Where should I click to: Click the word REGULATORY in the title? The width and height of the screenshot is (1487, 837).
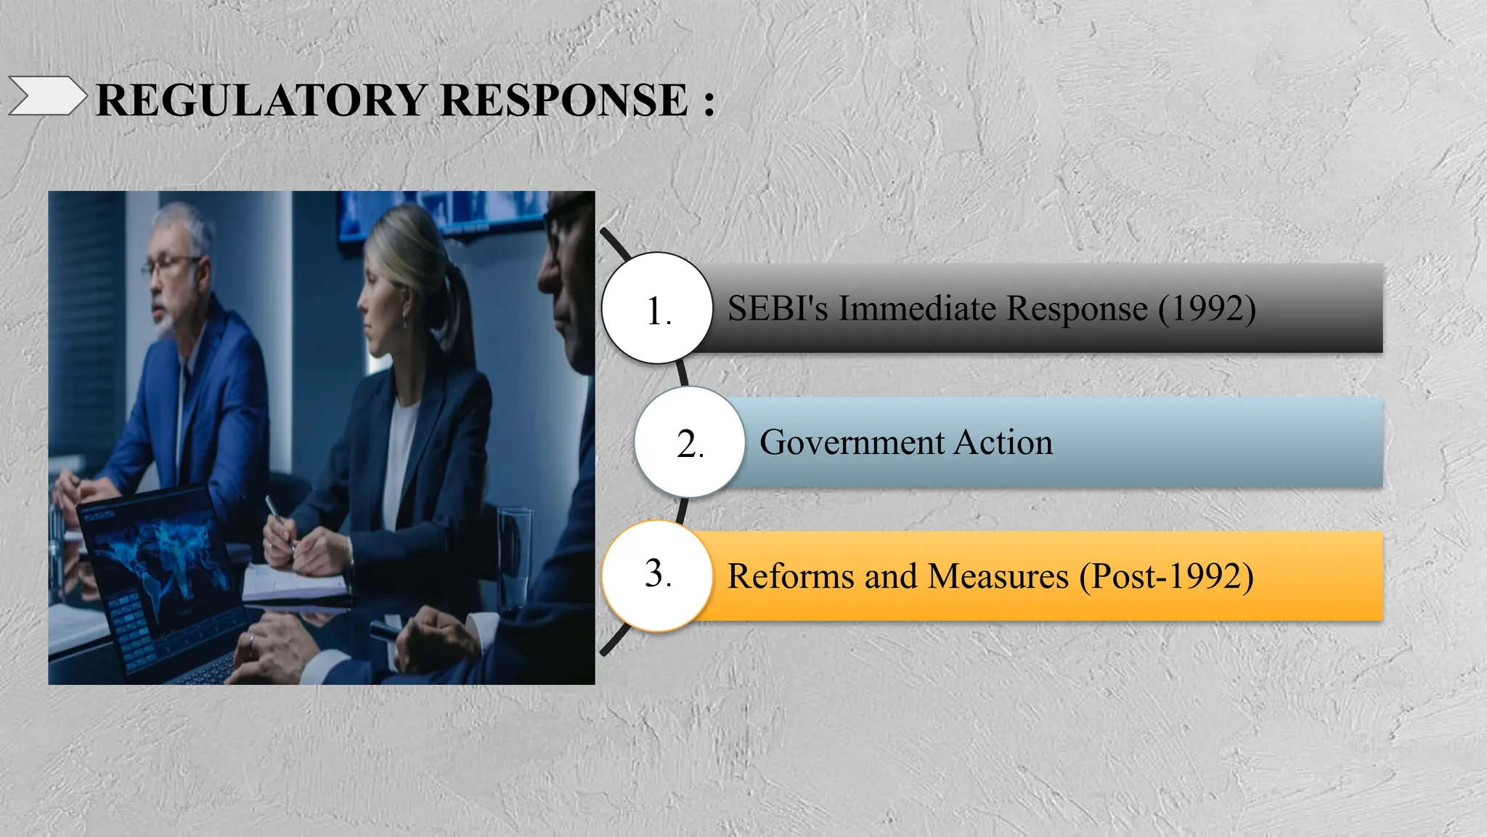click(261, 100)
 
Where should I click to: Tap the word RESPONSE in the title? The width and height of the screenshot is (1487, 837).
click(564, 100)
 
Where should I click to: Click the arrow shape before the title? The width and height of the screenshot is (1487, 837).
click(46, 97)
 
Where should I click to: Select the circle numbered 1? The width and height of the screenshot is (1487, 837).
click(658, 308)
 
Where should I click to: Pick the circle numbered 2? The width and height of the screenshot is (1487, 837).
click(690, 442)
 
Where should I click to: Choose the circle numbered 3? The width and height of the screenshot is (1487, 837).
click(658, 575)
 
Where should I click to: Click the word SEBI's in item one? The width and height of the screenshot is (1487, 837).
click(777, 308)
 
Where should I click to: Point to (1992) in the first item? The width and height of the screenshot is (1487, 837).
click(1207, 308)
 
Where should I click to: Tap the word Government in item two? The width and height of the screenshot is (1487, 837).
click(852, 442)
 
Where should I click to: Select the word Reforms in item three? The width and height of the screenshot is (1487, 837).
click(791, 576)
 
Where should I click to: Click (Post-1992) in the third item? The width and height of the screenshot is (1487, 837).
click(1166, 576)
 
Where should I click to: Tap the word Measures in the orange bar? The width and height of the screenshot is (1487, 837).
click(998, 576)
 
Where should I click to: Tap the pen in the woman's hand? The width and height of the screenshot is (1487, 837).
click(279, 520)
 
